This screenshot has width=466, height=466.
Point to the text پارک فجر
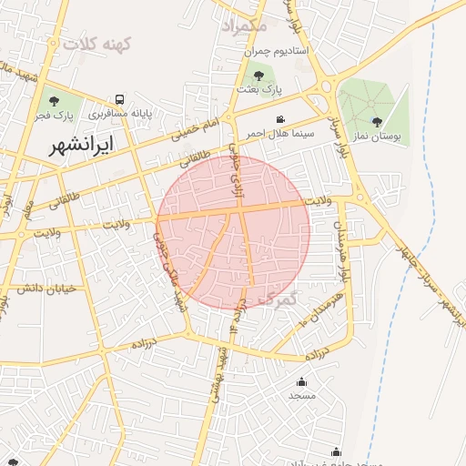[54, 116]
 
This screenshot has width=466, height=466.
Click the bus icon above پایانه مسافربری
[119, 99]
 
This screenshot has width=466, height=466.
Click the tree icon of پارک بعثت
[259, 75]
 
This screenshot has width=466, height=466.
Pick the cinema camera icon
[281, 119]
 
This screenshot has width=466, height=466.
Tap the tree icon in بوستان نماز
[377, 121]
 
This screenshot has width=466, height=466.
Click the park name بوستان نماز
[379, 136]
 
